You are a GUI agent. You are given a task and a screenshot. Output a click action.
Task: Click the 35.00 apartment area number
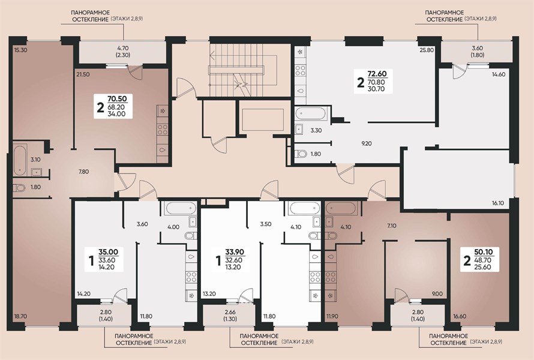(108, 252)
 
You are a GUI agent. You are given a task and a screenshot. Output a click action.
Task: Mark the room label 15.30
(21, 50)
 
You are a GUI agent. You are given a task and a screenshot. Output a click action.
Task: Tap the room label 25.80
(427, 50)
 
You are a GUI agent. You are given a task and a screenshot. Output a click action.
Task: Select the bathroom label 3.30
(316, 130)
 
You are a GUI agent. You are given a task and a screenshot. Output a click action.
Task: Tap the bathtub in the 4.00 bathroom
(178, 209)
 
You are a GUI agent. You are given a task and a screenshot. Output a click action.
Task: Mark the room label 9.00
(437, 294)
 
